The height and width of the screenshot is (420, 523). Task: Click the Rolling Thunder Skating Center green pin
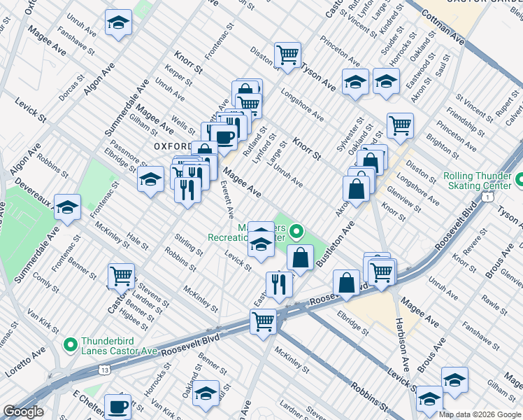(520, 181)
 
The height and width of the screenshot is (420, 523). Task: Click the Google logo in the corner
(23, 412)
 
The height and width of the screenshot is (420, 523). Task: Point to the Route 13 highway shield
(105, 369)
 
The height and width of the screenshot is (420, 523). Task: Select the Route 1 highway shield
(484, 198)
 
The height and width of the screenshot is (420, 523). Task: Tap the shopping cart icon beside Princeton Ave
(400, 126)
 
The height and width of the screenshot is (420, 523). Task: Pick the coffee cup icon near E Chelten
(118, 405)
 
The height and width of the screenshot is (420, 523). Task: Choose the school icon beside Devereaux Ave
(67, 207)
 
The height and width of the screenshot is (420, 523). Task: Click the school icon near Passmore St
(150, 179)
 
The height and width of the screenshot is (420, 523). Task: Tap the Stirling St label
(189, 246)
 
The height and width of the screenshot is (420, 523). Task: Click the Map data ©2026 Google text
(480, 414)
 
